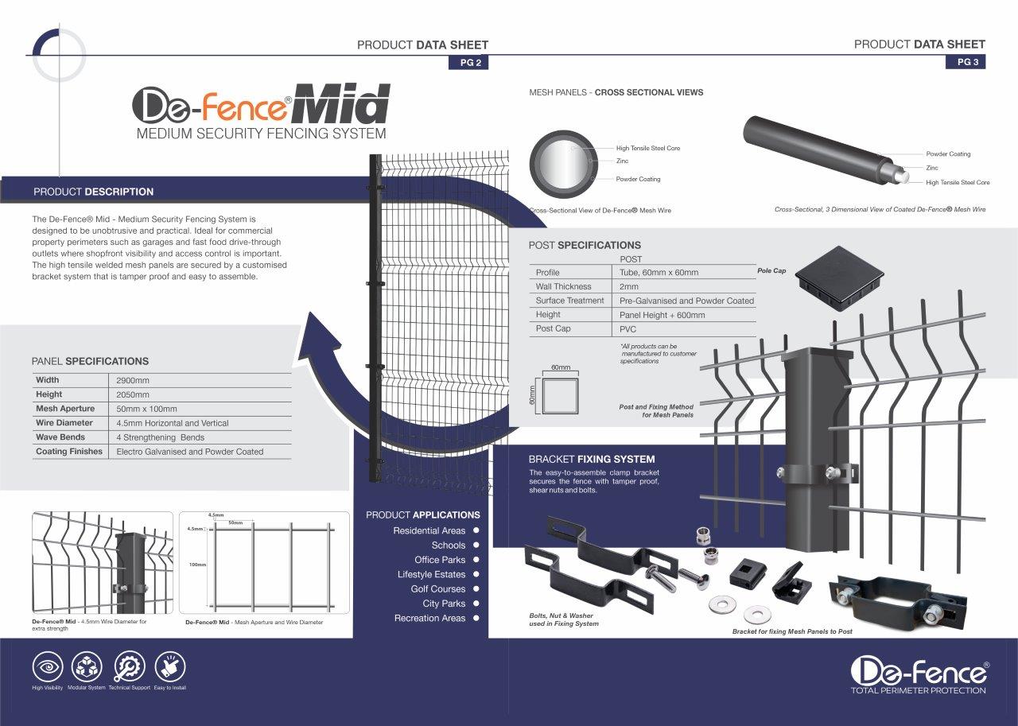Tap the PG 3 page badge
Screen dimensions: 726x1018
965,62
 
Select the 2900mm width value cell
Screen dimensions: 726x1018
133,380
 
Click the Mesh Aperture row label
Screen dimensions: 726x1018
65,409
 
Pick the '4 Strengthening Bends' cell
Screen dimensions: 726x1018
161,437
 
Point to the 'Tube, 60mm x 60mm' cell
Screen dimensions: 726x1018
659,273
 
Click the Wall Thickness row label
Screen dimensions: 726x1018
563,286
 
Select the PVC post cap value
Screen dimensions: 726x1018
628,329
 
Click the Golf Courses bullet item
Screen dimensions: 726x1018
437,589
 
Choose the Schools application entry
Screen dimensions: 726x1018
449,545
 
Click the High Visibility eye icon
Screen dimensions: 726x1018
48,666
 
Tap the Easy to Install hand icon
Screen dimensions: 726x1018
169,666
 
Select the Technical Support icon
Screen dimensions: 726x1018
129,666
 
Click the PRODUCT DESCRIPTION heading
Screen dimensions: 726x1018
93,192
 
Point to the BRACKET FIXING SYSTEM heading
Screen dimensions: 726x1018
592,459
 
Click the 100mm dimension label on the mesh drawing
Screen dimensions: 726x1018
196,565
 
